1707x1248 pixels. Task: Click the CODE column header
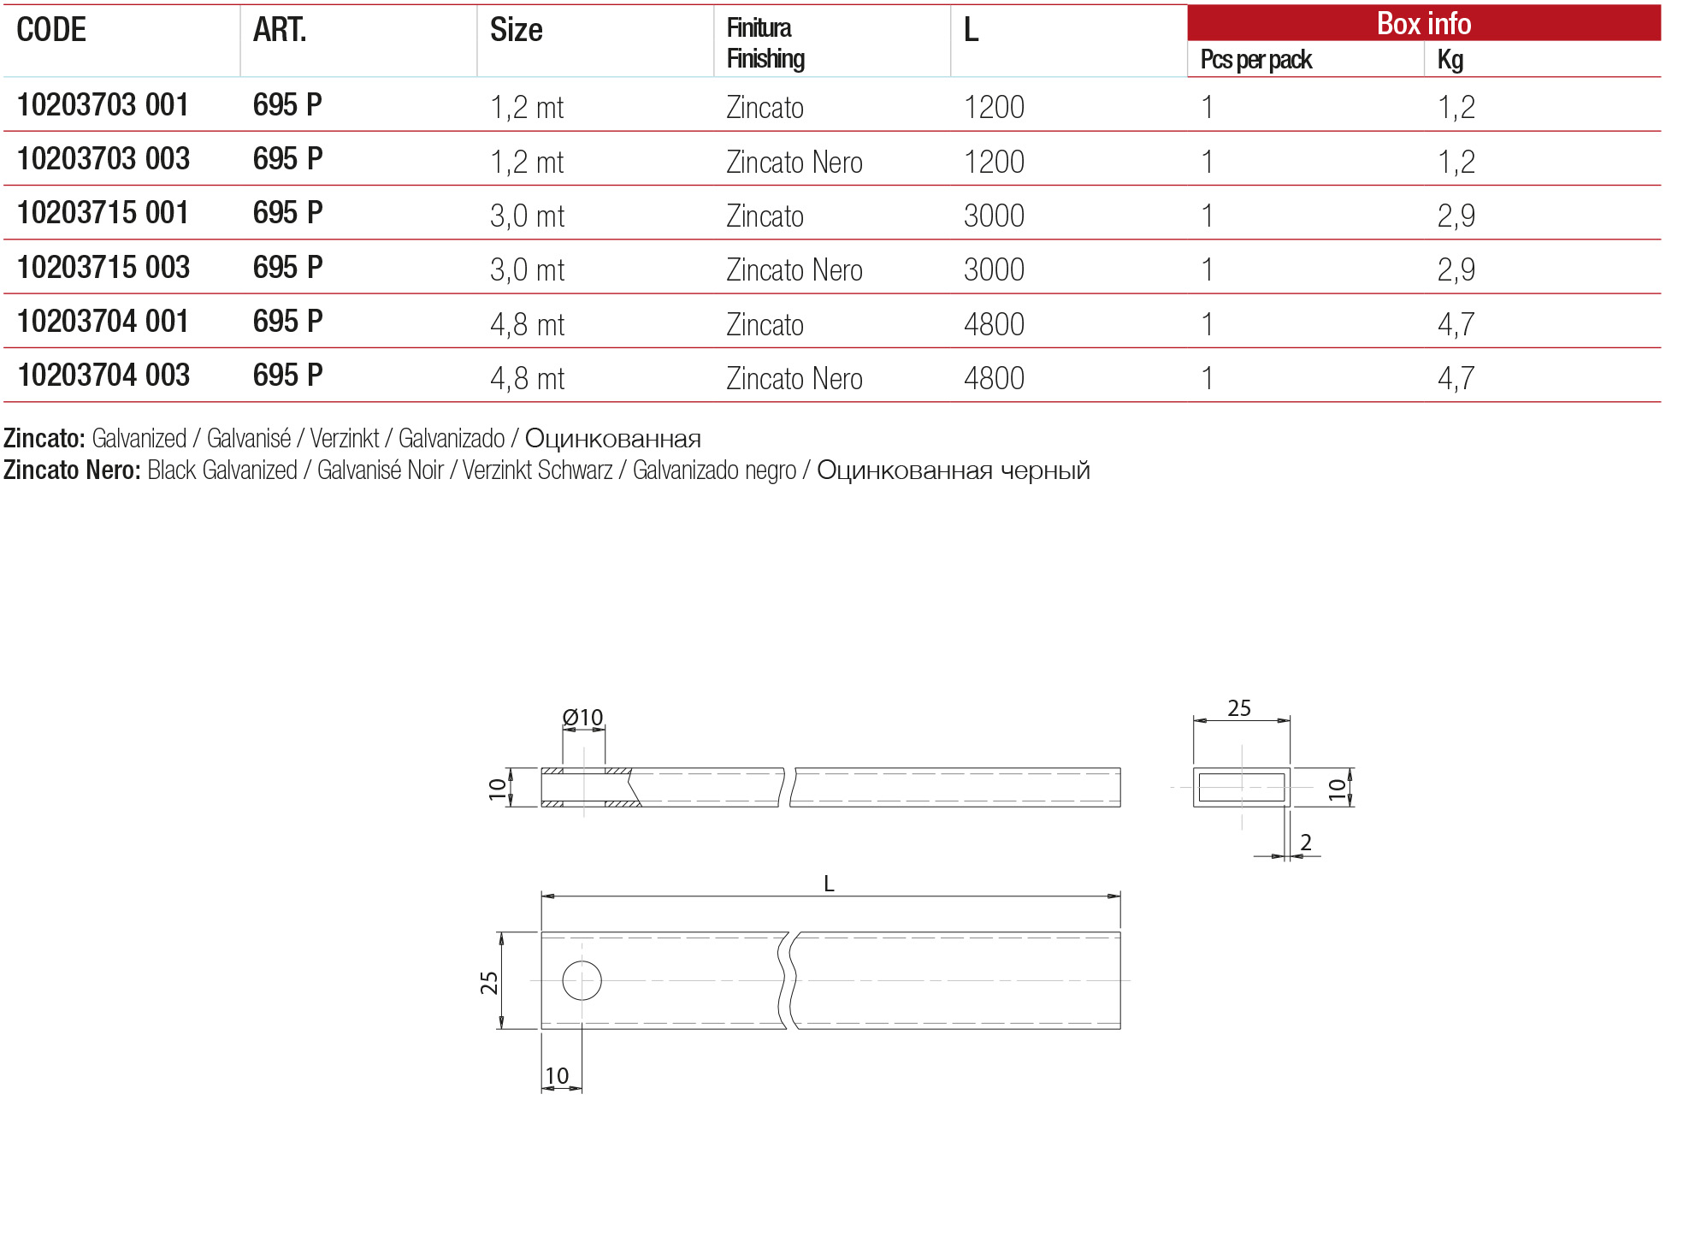coord(51,30)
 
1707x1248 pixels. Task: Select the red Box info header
coord(1423,23)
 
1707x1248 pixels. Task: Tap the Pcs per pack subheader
coord(1255,60)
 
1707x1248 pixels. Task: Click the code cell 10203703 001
coord(103,105)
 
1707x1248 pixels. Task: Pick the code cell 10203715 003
coord(103,268)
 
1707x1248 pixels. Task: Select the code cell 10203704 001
coord(103,322)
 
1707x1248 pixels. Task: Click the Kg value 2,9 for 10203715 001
coord(1456,216)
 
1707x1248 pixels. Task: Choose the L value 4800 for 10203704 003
coord(994,378)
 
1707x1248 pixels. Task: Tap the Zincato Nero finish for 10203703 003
coord(794,162)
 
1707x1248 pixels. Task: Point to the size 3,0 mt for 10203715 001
coord(527,216)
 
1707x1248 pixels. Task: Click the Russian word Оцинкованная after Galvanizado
coord(612,439)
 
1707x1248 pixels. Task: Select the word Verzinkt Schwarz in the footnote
coord(537,470)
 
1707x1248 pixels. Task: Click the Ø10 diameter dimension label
coord(582,717)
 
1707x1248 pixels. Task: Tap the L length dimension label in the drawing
coord(829,884)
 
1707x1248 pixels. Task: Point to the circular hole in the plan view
coord(582,980)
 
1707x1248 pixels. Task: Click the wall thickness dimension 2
coord(1305,843)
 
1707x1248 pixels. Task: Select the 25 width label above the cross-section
coord(1239,708)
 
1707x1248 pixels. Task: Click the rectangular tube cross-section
coord(1242,787)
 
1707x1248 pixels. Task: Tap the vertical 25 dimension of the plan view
coord(489,982)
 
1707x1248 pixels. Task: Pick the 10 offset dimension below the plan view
coord(557,1075)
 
